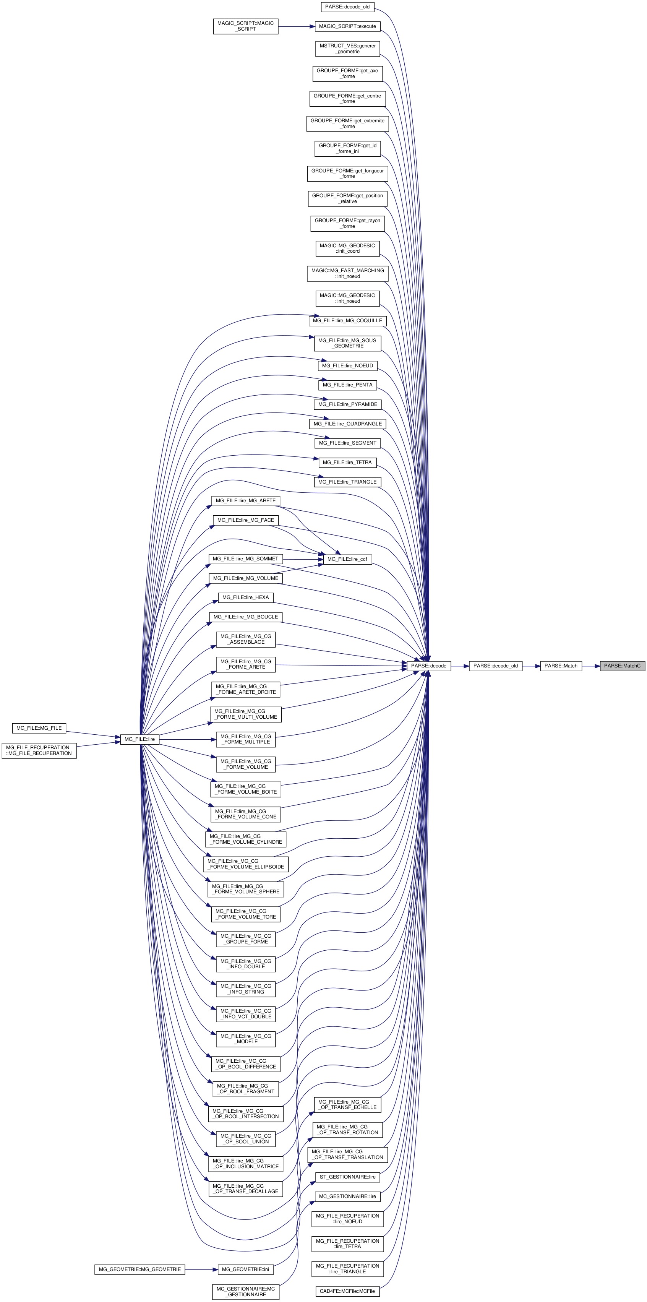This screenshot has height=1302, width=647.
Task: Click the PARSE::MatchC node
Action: point(622,666)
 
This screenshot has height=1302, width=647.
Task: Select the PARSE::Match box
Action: point(561,666)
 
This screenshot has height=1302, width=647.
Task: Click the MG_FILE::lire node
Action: point(139,739)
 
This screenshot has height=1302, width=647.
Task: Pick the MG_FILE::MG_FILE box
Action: point(39,728)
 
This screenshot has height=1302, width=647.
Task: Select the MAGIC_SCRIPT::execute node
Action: point(347,26)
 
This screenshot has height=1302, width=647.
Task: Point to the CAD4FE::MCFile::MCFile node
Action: point(347,1291)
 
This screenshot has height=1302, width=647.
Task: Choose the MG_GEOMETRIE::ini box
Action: point(246,1269)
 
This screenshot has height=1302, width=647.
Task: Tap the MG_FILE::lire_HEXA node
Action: point(246,597)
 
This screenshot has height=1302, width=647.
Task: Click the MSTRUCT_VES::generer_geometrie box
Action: point(348,49)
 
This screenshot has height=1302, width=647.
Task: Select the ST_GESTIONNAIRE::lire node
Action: point(347,1177)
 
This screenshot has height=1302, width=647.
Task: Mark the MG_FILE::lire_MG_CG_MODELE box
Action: point(246,1039)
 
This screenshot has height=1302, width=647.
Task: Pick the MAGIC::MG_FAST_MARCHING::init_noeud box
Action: point(347,273)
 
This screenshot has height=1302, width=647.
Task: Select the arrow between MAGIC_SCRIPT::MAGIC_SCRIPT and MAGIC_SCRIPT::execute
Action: point(296,26)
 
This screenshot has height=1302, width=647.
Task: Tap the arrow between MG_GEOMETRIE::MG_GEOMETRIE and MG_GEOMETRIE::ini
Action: point(201,1269)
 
